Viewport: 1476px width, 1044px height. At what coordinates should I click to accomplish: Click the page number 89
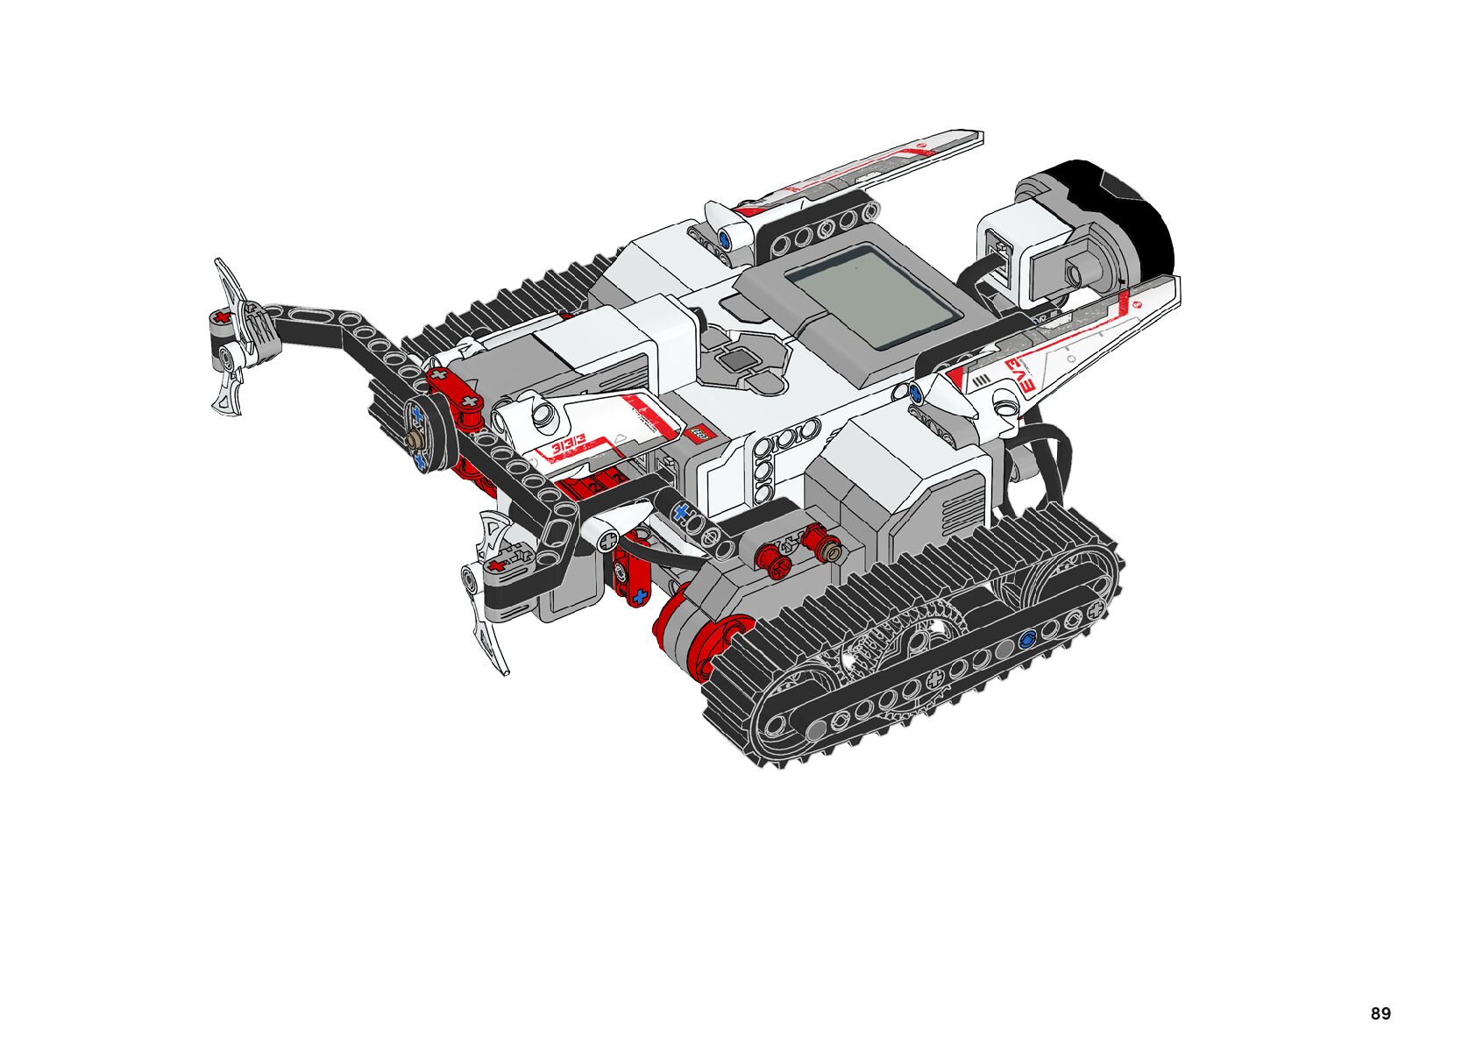(1380, 1013)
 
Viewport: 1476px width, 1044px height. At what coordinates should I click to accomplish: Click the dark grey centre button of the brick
(736, 360)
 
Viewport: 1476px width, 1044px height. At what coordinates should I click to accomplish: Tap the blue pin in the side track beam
(1027, 638)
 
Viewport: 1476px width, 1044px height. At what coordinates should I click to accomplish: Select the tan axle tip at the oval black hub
(415, 439)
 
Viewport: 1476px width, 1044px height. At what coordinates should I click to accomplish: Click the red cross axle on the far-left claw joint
(224, 318)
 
